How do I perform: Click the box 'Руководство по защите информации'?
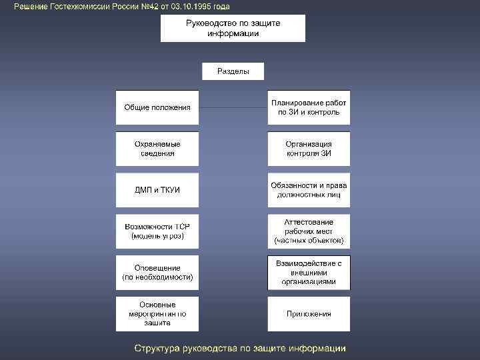click(233, 29)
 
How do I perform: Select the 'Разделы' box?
click(233, 71)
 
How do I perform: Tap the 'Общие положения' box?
click(157, 107)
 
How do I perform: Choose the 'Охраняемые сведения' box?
click(157, 149)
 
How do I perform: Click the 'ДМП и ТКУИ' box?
click(157, 190)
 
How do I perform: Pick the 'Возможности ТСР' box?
click(157, 231)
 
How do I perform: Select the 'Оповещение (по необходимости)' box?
click(157, 273)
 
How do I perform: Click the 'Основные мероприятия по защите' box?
click(157, 314)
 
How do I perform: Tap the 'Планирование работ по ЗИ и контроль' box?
click(309, 107)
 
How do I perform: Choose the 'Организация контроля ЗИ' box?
click(309, 149)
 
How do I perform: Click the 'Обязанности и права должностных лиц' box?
click(309, 190)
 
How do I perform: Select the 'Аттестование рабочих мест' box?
click(309, 231)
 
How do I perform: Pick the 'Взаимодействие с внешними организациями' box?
click(309, 273)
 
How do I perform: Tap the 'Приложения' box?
click(309, 314)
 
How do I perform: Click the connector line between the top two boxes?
click(233, 107)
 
